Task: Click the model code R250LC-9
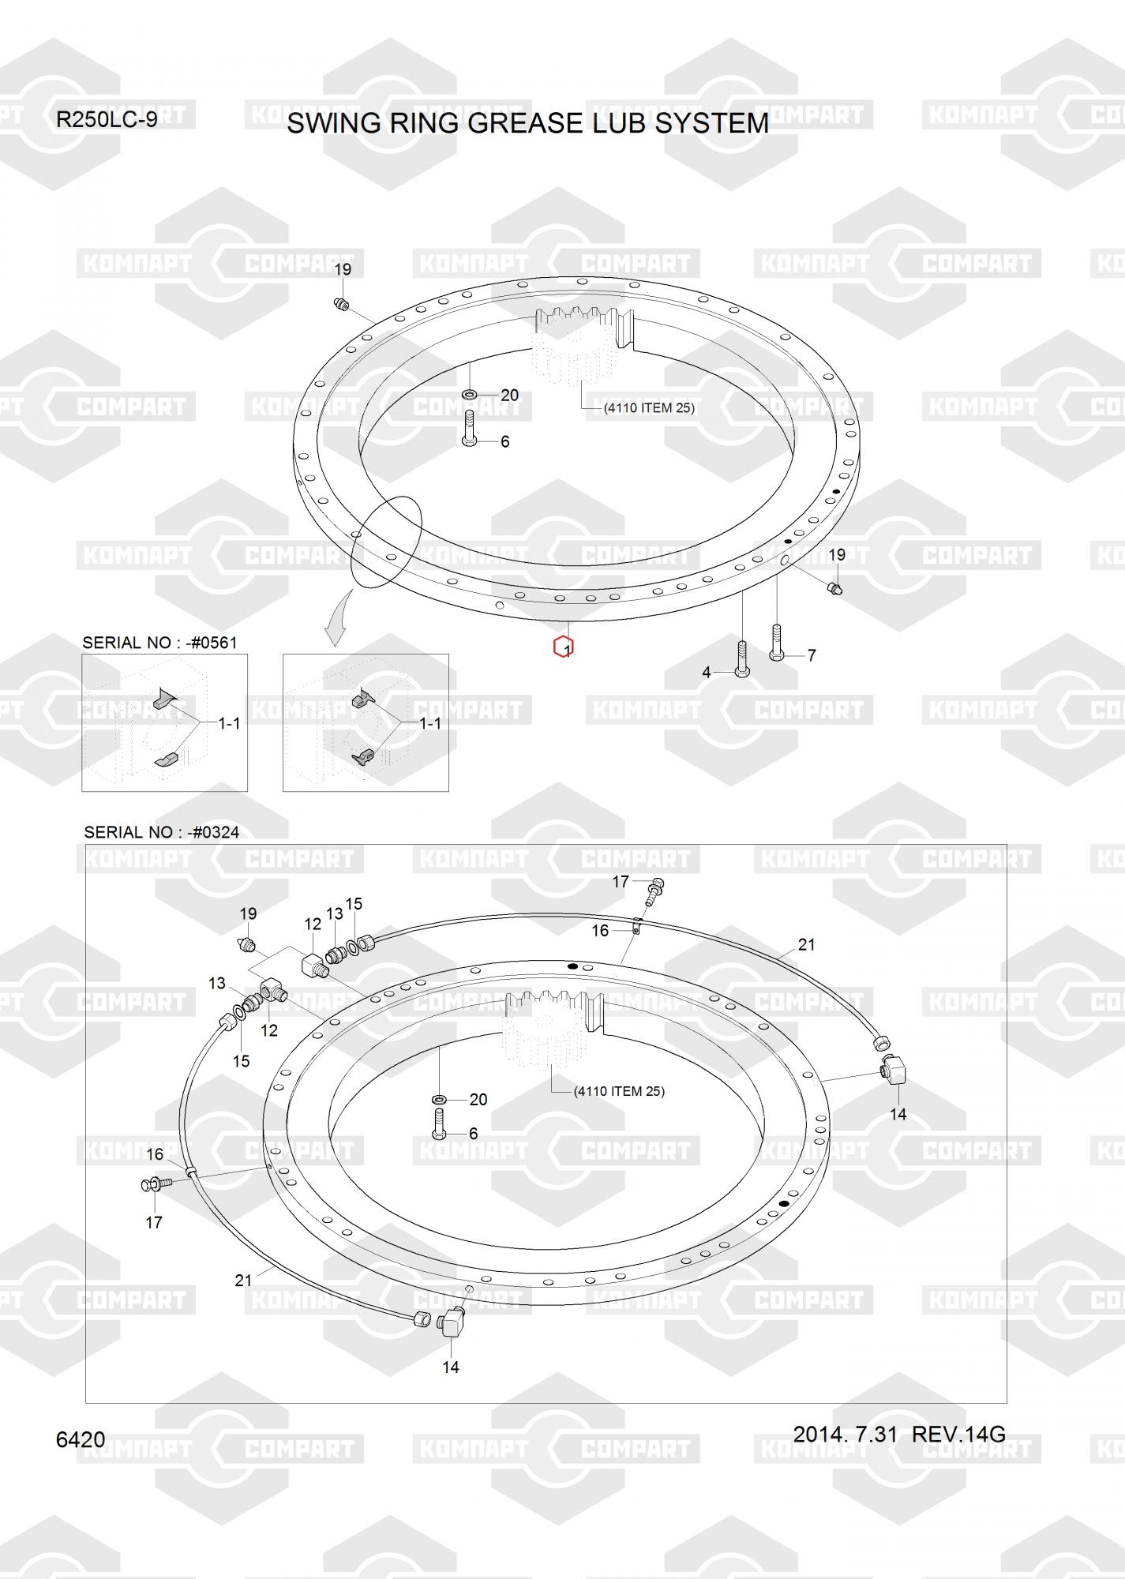107,120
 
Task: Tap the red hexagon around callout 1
563,647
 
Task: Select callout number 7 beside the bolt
812,655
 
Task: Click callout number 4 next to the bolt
707,673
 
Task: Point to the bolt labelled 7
776,641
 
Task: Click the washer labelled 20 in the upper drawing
469,394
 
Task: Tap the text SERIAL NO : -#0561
159,643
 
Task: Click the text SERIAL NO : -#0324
162,832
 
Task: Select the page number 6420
81,1440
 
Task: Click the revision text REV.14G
958,1434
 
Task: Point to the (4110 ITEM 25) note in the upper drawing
649,408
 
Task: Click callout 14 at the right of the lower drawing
898,1115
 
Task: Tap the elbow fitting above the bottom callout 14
453,1322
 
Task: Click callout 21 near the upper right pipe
806,944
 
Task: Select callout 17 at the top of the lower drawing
621,881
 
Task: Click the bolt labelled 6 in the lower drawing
440,1123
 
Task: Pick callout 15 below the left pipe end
241,1061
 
